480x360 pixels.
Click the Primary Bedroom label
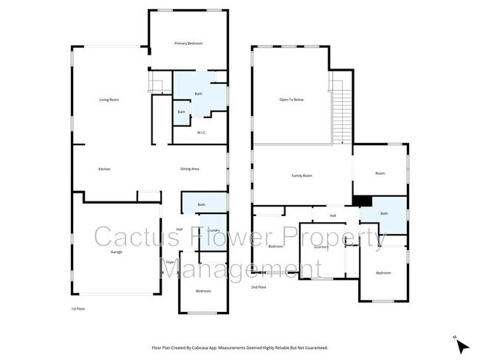click(x=188, y=44)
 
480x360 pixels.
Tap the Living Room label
click(x=109, y=100)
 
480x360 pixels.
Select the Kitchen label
click(x=105, y=170)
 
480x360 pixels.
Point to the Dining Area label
click(x=190, y=170)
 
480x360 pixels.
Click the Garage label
click(x=116, y=252)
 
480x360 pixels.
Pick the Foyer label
click(x=169, y=262)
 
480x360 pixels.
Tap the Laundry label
click(x=214, y=231)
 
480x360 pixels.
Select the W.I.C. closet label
click(x=201, y=133)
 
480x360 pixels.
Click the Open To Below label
click(x=292, y=100)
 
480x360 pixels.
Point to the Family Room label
click(x=302, y=176)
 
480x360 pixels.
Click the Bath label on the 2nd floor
click(x=384, y=213)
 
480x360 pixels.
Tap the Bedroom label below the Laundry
click(x=203, y=291)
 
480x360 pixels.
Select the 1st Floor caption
click(x=78, y=308)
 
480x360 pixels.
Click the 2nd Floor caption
click(x=258, y=287)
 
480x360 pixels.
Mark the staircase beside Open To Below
click(x=339, y=111)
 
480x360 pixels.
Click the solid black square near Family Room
click(x=362, y=200)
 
